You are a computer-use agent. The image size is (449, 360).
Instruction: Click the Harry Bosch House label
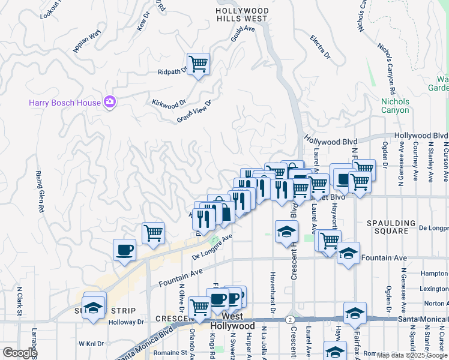coord(65,103)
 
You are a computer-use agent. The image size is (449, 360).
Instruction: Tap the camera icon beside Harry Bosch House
coord(109,102)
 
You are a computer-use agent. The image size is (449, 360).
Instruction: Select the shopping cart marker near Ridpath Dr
coord(197,64)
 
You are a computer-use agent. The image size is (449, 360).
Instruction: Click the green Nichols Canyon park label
coord(395,106)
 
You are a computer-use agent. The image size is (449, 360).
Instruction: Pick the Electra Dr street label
coord(321,47)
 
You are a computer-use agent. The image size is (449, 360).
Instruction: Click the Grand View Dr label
coord(194,112)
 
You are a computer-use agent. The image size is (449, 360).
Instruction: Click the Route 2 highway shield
coord(290,319)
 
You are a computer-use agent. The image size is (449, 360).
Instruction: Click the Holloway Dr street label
coord(127,322)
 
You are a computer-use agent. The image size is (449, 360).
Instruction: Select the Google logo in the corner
coord(19,352)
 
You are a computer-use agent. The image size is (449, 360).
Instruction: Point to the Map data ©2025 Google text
coord(412,355)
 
